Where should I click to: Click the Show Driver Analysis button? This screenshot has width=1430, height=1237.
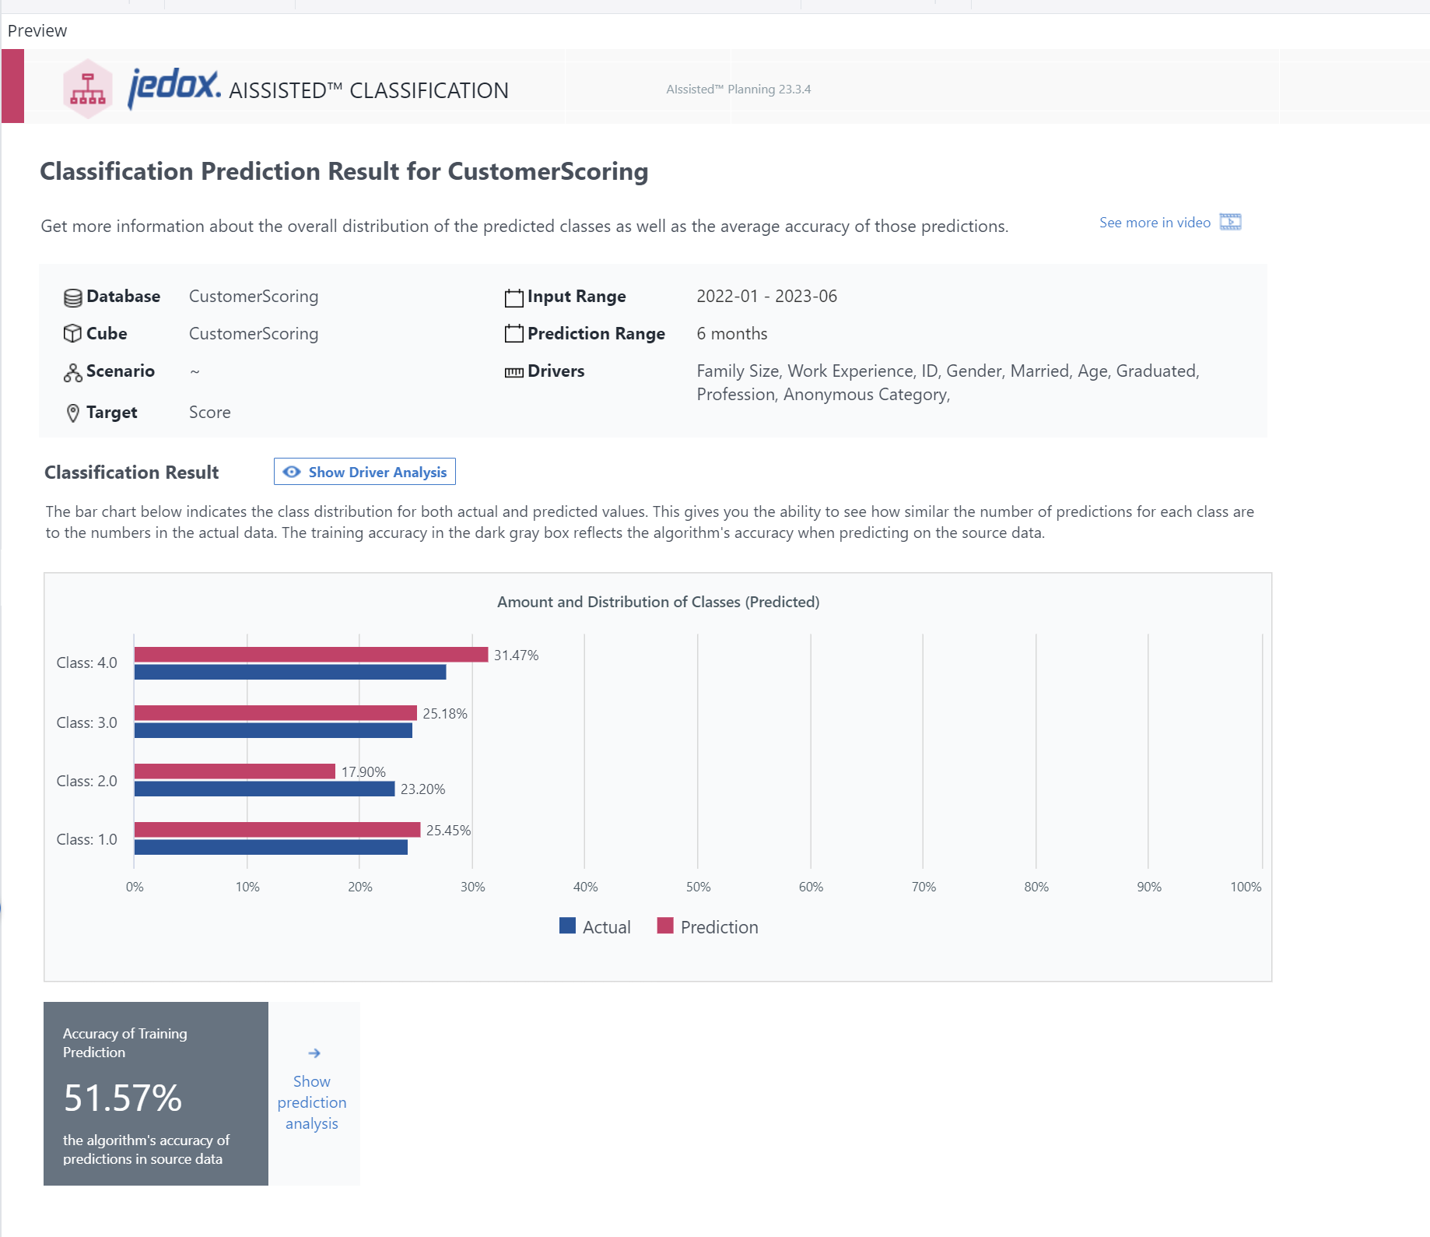(364, 472)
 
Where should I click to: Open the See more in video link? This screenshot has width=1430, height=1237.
(1155, 223)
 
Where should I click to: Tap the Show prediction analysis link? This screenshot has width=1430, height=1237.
(312, 1102)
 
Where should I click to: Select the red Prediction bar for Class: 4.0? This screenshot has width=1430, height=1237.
(311, 655)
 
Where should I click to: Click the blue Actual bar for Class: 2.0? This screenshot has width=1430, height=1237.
(265, 789)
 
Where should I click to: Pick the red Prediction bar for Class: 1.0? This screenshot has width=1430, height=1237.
(277, 830)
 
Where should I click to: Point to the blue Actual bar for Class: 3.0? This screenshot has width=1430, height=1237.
(273, 730)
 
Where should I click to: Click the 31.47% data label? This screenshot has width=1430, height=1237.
(516, 655)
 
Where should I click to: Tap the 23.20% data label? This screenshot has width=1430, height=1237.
(422, 789)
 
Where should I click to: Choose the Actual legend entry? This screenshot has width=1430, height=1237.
(595, 926)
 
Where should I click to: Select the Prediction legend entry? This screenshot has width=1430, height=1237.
(707, 926)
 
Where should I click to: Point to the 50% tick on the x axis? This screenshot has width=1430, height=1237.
(698, 887)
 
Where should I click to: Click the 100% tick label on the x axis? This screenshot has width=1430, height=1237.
(1245, 887)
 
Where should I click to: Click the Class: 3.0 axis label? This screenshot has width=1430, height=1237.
(86, 722)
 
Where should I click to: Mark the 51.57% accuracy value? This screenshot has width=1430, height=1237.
(123, 1098)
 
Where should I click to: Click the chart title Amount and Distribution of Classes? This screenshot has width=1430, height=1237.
(658, 602)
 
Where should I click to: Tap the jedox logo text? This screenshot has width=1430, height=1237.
(173, 86)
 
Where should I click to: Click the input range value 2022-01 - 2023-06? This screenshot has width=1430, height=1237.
(766, 297)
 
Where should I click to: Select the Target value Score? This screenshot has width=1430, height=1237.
(210, 413)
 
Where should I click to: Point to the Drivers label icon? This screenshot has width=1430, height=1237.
(513, 372)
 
